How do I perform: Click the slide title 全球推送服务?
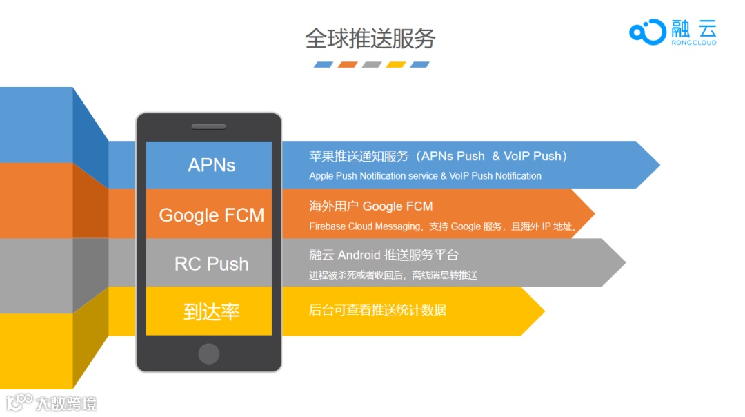[x=370, y=39]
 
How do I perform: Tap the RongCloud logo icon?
[x=647, y=32]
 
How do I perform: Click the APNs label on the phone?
[x=211, y=165]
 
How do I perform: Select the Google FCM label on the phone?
[x=211, y=215]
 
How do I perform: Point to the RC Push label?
[x=211, y=264]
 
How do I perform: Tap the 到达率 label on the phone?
[x=211, y=312]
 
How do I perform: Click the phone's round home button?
[x=208, y=353]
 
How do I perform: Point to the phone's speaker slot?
[x=208, y=127]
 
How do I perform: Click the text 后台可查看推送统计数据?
[x=377, y=310]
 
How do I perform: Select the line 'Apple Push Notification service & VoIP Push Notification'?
[x=425, y=176]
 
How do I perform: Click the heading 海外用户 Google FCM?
[x=370, y=206]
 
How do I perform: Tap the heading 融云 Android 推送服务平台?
[x=384, y=255]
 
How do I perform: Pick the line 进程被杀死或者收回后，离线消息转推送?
[x=393, y=275]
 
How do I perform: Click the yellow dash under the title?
[x=395, y=65]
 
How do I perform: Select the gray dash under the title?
[x=372, y=65]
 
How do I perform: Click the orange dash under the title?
[x=348, y=65]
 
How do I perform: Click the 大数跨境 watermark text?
[x=67, y=403]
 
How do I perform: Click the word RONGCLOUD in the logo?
[x=693, y=43]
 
